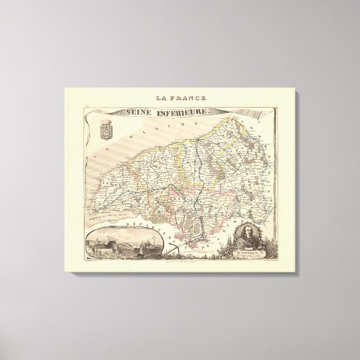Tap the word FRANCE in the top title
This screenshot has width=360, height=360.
click(x=188, y=100)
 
